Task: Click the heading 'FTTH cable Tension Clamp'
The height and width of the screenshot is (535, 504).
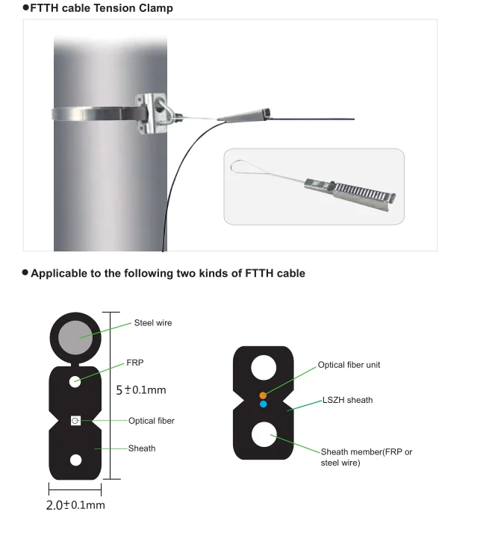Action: (101, 8)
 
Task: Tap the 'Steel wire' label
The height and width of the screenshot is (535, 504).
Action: (152, 323)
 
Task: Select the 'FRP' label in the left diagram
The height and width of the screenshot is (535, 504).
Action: (134, 363)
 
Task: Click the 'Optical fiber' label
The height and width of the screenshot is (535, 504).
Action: (151, 421)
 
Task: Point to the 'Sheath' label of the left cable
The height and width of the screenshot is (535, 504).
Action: (142, 448)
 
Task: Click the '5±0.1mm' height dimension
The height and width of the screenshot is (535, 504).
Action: (141, 389)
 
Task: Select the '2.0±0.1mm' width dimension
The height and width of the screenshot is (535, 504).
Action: (75, 505)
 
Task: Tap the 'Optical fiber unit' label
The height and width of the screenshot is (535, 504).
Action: (349, 365)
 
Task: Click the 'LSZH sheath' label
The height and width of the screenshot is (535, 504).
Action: (347, 400)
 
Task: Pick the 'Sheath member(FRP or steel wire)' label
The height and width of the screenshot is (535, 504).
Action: (366, 457)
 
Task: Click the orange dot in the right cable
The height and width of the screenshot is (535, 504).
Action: (263, 394)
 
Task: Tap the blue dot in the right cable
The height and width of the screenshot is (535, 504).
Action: (263, 404)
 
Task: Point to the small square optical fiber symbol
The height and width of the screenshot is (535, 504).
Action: (75, 421)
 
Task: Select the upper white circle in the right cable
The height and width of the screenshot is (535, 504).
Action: (264, 369)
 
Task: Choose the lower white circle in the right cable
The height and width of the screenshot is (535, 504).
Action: (264, 434)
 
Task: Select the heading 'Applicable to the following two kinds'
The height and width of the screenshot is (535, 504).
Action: (167, 273)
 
